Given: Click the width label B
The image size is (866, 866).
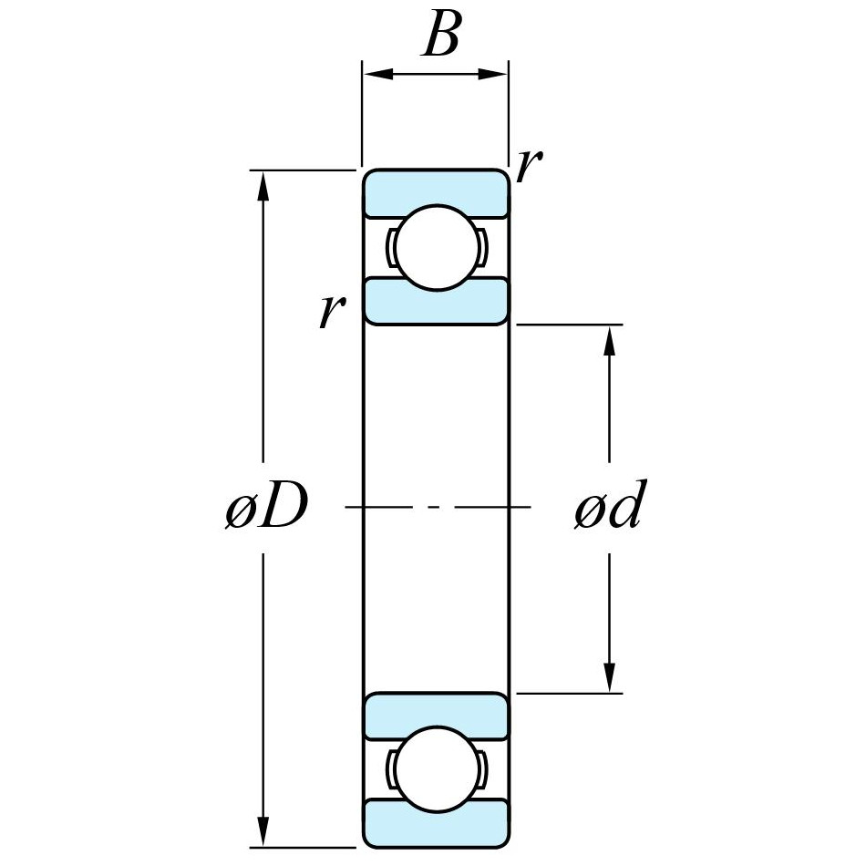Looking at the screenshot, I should [x=440, y=37].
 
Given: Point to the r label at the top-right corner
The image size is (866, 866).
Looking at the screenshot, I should [x=530, y=166].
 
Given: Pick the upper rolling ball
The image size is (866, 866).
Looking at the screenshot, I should [x=436, y=247].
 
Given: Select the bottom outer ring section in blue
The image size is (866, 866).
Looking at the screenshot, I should [x=436, y=822].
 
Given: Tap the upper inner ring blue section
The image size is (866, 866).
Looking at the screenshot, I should [x=436, y=302].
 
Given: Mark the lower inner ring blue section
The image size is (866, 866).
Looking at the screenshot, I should [x=436, y=715].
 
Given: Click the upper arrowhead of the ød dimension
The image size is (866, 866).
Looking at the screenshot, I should [x=609, y=338].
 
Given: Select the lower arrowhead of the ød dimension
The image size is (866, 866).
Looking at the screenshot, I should [x=609, y=678].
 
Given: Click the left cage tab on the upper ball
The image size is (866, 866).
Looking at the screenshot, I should [x=391, y=247].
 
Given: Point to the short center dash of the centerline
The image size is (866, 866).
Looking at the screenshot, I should [x=436, y=505].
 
